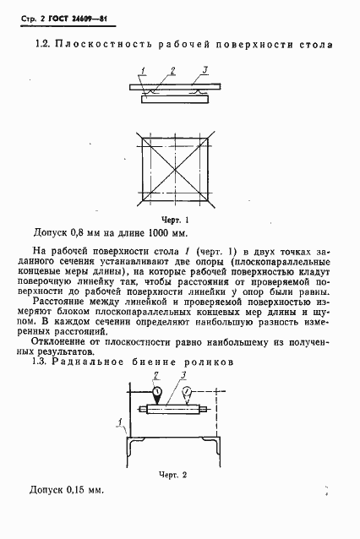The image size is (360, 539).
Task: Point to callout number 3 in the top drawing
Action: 205,69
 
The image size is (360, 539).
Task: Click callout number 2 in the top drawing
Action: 172,69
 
